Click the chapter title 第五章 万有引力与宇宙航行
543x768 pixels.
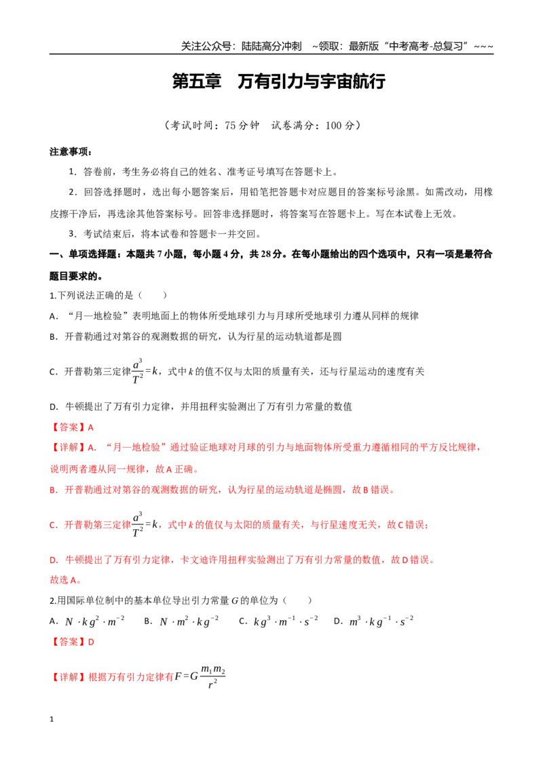click(x=278, y=81)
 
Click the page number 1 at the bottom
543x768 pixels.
click(x=52, y=719)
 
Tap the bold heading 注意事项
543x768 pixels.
click(x=71, y=152)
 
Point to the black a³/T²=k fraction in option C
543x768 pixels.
click(x=145, y=371)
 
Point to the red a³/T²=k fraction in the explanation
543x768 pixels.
click(x=145, y=524)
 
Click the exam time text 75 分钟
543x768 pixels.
click(x=242, y=126)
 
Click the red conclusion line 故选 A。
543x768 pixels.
click(x=66, y=580)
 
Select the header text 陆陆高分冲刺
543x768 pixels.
click(x=271, y=47)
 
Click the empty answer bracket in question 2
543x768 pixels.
click(x=297, y=600)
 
